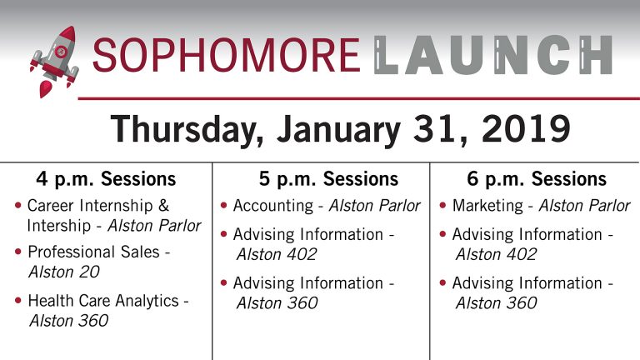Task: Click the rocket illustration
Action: coord(54,62)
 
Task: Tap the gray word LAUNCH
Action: coord(493,55)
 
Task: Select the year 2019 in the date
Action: coord(526,128)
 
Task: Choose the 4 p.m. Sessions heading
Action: coord(106,179)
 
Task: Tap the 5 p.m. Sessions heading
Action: coord(328,179)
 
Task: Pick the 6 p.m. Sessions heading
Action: coord(537,179)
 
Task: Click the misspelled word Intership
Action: coord(59,226)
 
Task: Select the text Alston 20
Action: coord(64,272)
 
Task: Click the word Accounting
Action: coord(273,206)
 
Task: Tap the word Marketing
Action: coord(487,206)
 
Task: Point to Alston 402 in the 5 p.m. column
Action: coord(277,255)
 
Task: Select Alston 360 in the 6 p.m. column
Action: coord(497,303)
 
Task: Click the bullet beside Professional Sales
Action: coord(18,252)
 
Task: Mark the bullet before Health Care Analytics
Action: coord(18,300)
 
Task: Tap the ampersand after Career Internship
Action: coord(163,205)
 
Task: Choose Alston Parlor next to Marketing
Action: coord(584,206)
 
